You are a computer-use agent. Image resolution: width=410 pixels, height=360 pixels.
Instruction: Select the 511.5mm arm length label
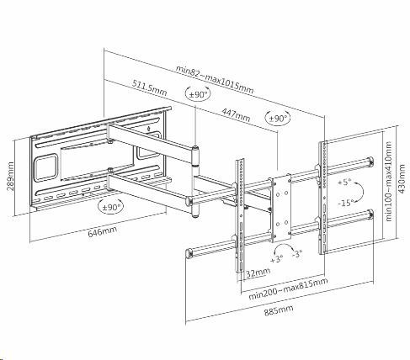click(150, 87)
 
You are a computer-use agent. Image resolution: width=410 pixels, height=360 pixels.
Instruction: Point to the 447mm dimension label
click(236, 114)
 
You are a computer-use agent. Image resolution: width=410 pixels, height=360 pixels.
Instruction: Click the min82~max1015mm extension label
click(215, 80)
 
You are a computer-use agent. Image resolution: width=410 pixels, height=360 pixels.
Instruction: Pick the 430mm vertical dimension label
click(402, 178)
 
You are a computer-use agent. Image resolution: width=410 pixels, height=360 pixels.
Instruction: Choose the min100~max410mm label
click(388, 182)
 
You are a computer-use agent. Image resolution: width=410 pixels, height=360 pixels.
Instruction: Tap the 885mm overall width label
click(279, 310)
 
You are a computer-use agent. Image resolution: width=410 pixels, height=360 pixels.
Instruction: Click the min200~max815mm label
click(288, 289)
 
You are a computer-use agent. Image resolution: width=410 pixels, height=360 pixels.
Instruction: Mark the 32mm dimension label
click(258, 273)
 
